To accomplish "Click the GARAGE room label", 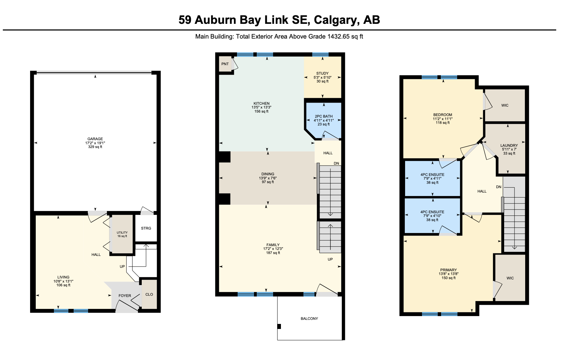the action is point(95,139).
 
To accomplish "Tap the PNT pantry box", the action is point(225,64).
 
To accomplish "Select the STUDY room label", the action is point(322,73).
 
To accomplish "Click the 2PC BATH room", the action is point(324,120).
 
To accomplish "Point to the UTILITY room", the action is point(122,234).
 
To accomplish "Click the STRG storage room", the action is point(146,228).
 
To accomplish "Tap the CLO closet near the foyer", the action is point(149,294).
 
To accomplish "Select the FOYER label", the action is point(125,296).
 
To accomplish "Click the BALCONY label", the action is point(309,319).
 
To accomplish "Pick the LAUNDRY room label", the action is point(509,146).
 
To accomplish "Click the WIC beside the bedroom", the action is point(505,105).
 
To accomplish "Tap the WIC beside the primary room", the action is point(510,278).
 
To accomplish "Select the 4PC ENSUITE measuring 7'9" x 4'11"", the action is point(432,178).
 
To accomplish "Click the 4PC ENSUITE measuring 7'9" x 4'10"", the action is point(432,216).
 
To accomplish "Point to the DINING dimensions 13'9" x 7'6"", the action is point(268,178).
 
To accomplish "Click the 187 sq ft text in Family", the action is point(273,253).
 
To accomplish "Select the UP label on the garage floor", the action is point(122,267).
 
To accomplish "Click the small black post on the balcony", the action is point(279,326).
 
